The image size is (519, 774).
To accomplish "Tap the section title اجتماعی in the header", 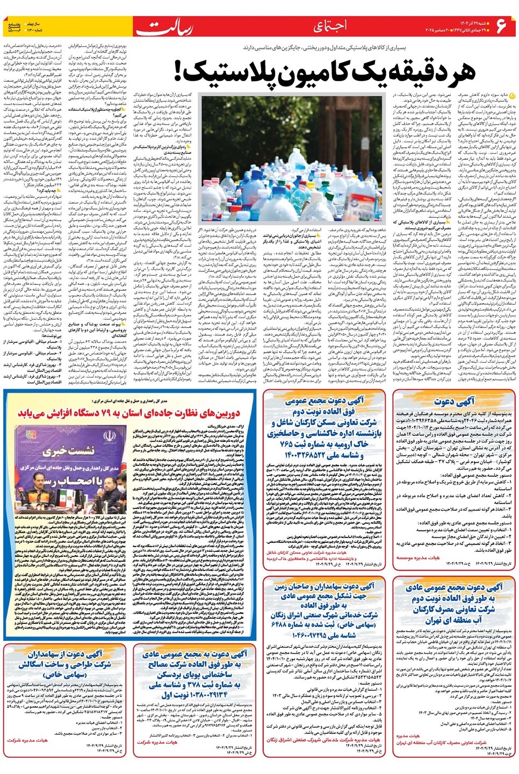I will pos(330,26).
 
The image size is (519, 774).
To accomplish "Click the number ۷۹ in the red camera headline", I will pos(107,413).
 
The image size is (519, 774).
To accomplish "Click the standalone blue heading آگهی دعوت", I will pos(455,401).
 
